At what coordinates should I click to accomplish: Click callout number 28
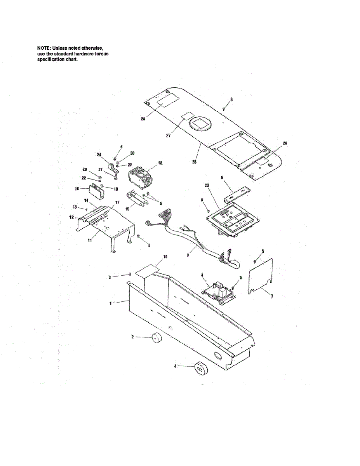click(x=143, y=119)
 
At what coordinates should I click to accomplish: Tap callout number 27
click(x=168, y=136)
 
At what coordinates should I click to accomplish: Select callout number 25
click(x=194, y=162)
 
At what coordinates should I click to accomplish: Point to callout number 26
click(x=285, y=143)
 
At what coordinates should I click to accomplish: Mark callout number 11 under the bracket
click(x=90, y=241)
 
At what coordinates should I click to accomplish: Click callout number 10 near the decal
click(x=165, y=257)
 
